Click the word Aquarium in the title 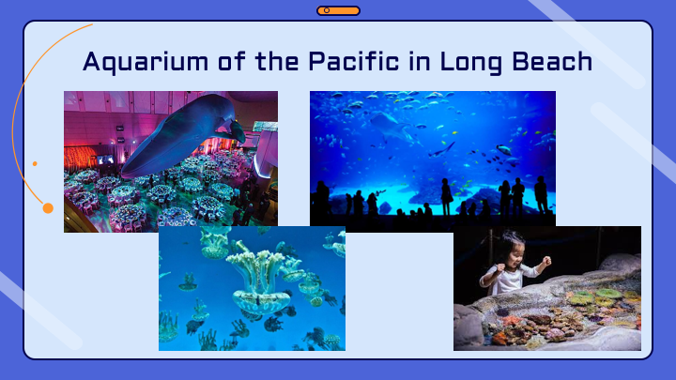click(x=146, y=62)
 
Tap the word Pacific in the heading click(x=354, y=61)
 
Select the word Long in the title click(x=471, y=63)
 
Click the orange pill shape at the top click(x=338, y=10)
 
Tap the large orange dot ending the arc click(x=48, y=208)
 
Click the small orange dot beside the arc click(x=35, y=163)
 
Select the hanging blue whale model click(x=181, y=133)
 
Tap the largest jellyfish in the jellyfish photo click(x=260, y=280)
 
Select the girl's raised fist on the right click(x=546, y=260)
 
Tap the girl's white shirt click(x=511, y=278)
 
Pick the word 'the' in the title click(x=277, y=61)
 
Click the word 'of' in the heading click(x=232, y=61)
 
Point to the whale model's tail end click(x=238, y=131)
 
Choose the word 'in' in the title click(x=420, y=61)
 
